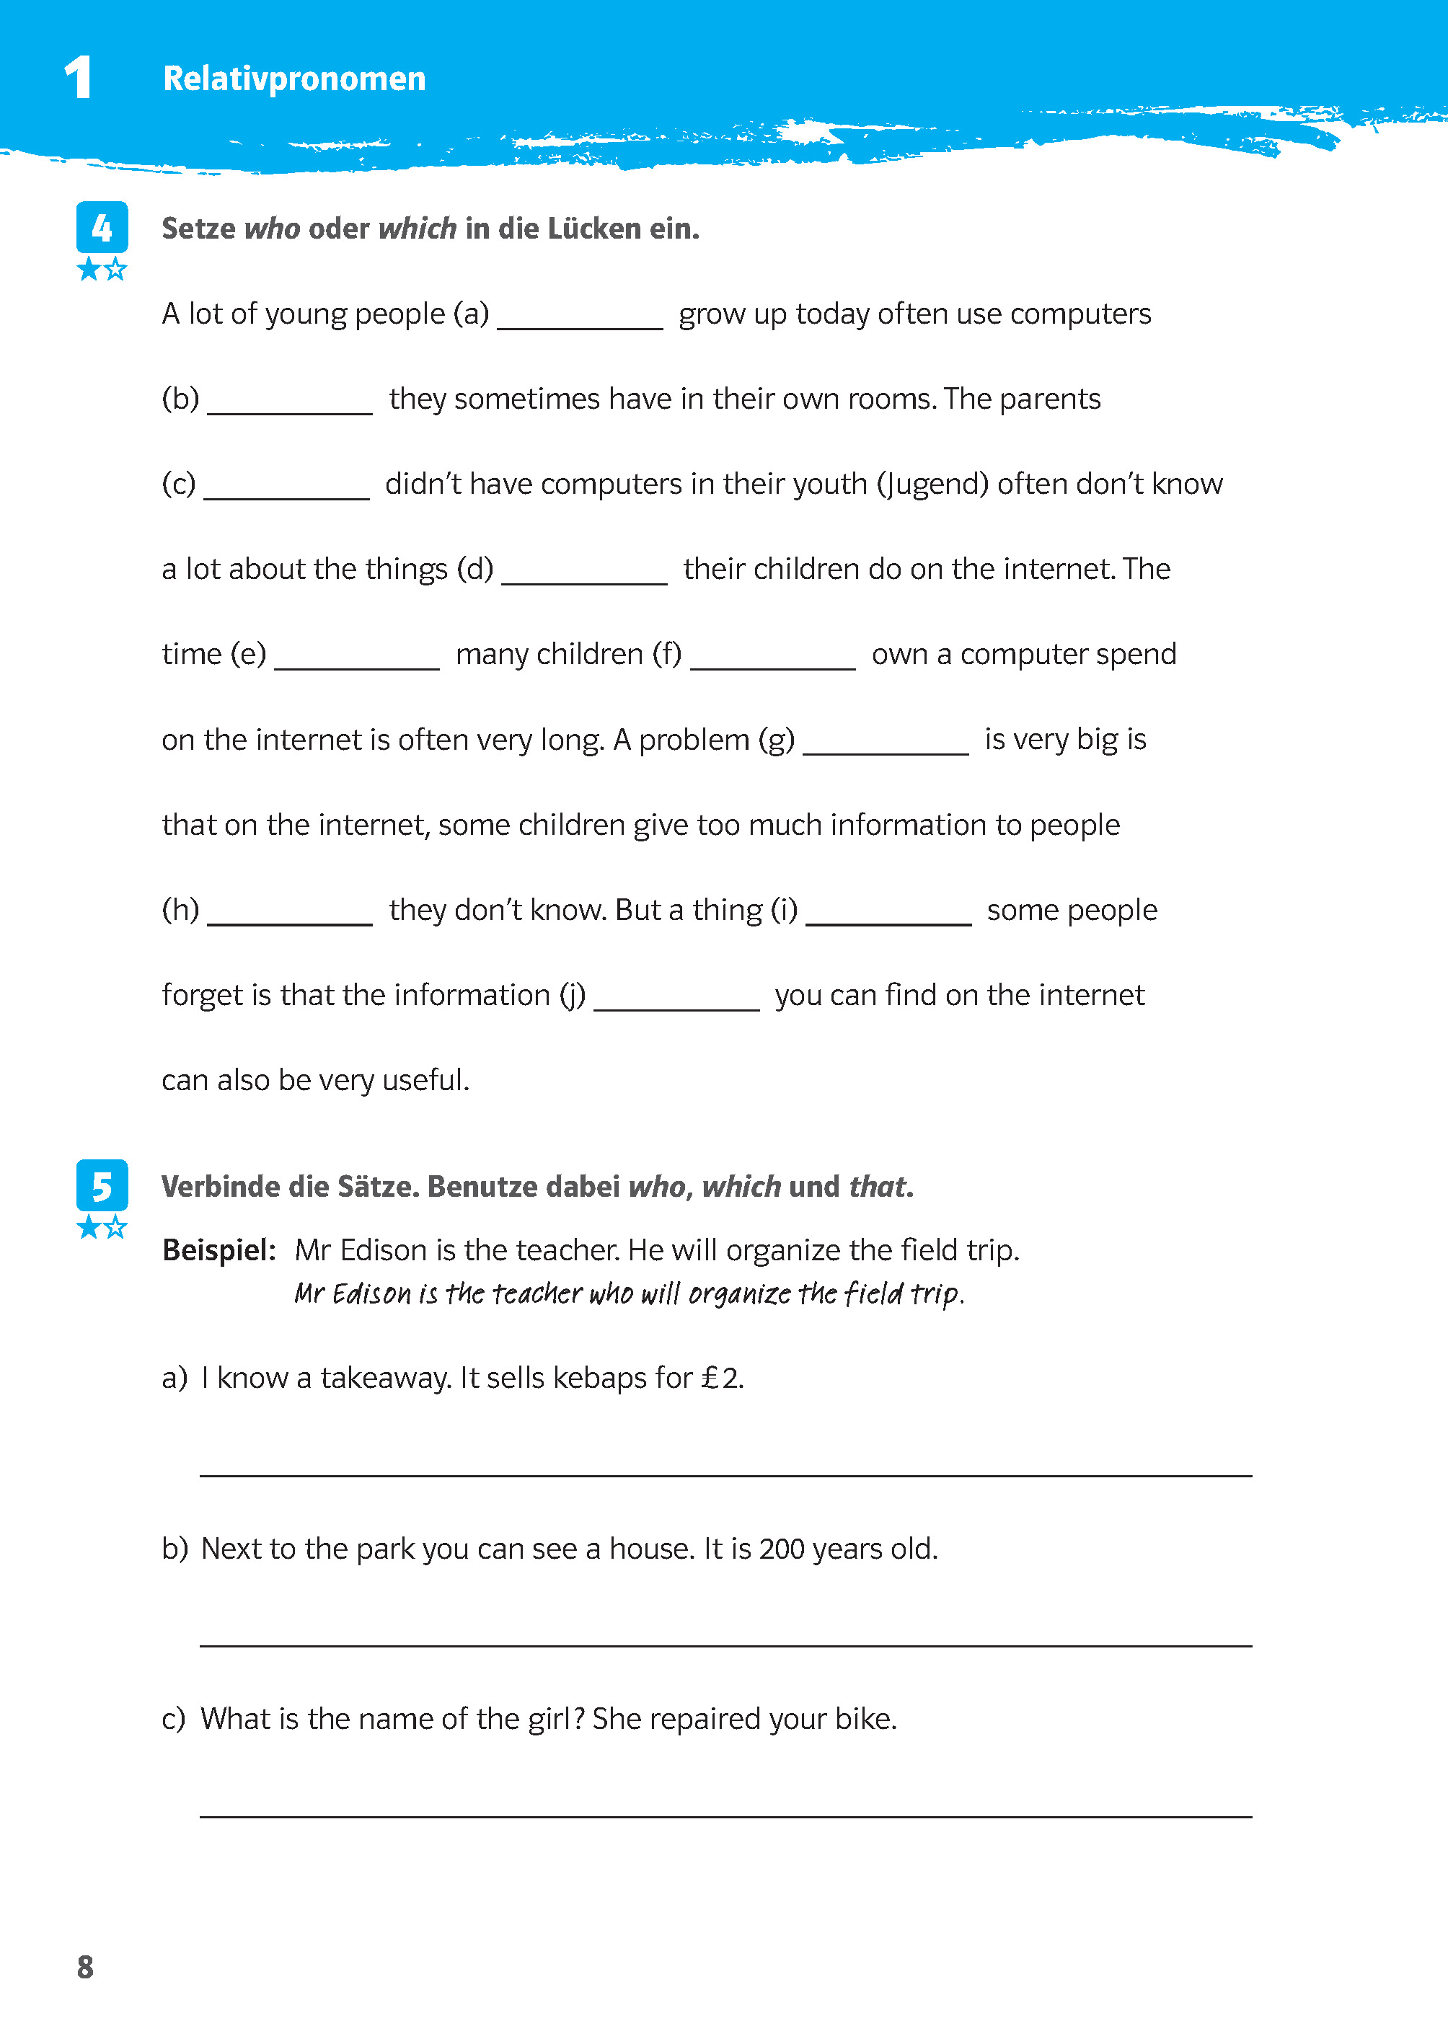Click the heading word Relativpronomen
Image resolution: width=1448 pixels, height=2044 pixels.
pyautogui.click(x=293, y=79)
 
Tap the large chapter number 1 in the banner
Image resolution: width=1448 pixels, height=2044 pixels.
pyautogui.click(x=79, y=78)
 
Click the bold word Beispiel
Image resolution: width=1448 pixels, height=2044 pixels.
pyautogui.click(x=218, y=1249)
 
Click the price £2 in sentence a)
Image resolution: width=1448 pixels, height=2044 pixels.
pyautogui.click(x=720, y=1378)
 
